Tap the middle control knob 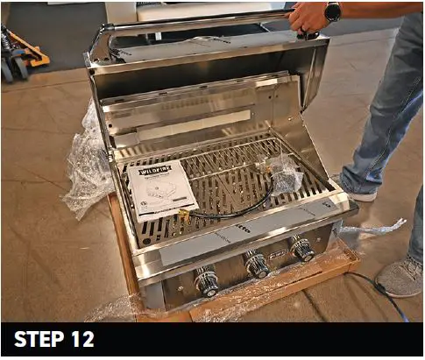click(257, 264)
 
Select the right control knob click(302, 249)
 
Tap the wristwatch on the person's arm click(332, 12)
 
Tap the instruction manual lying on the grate click(162, 188)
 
